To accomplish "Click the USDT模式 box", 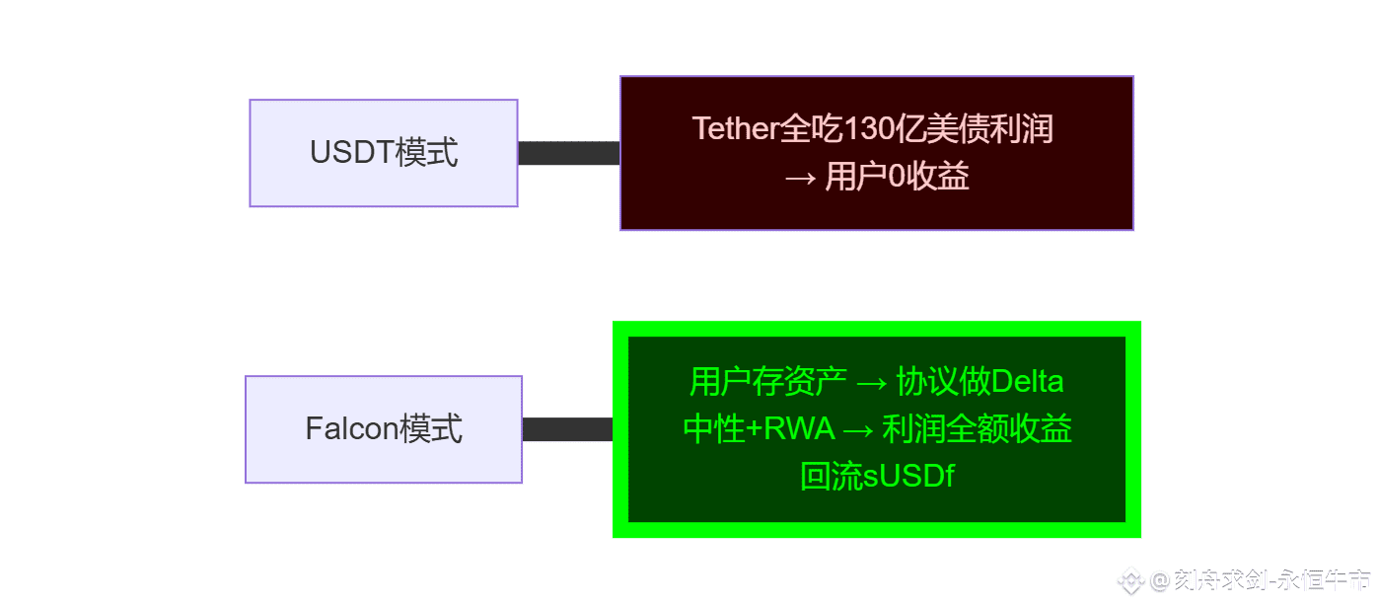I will tap(383, 153).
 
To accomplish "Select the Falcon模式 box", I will tap(383, 429).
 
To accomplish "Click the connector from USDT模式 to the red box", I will tap(568, 153).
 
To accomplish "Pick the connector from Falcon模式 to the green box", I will tap(567, 429).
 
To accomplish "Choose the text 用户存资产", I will tap(768, 381).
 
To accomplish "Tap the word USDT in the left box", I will tap(351, 153).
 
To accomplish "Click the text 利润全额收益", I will tap(978, 429).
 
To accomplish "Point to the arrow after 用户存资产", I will tap(872, 381).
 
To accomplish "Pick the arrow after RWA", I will tap(857, 429).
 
